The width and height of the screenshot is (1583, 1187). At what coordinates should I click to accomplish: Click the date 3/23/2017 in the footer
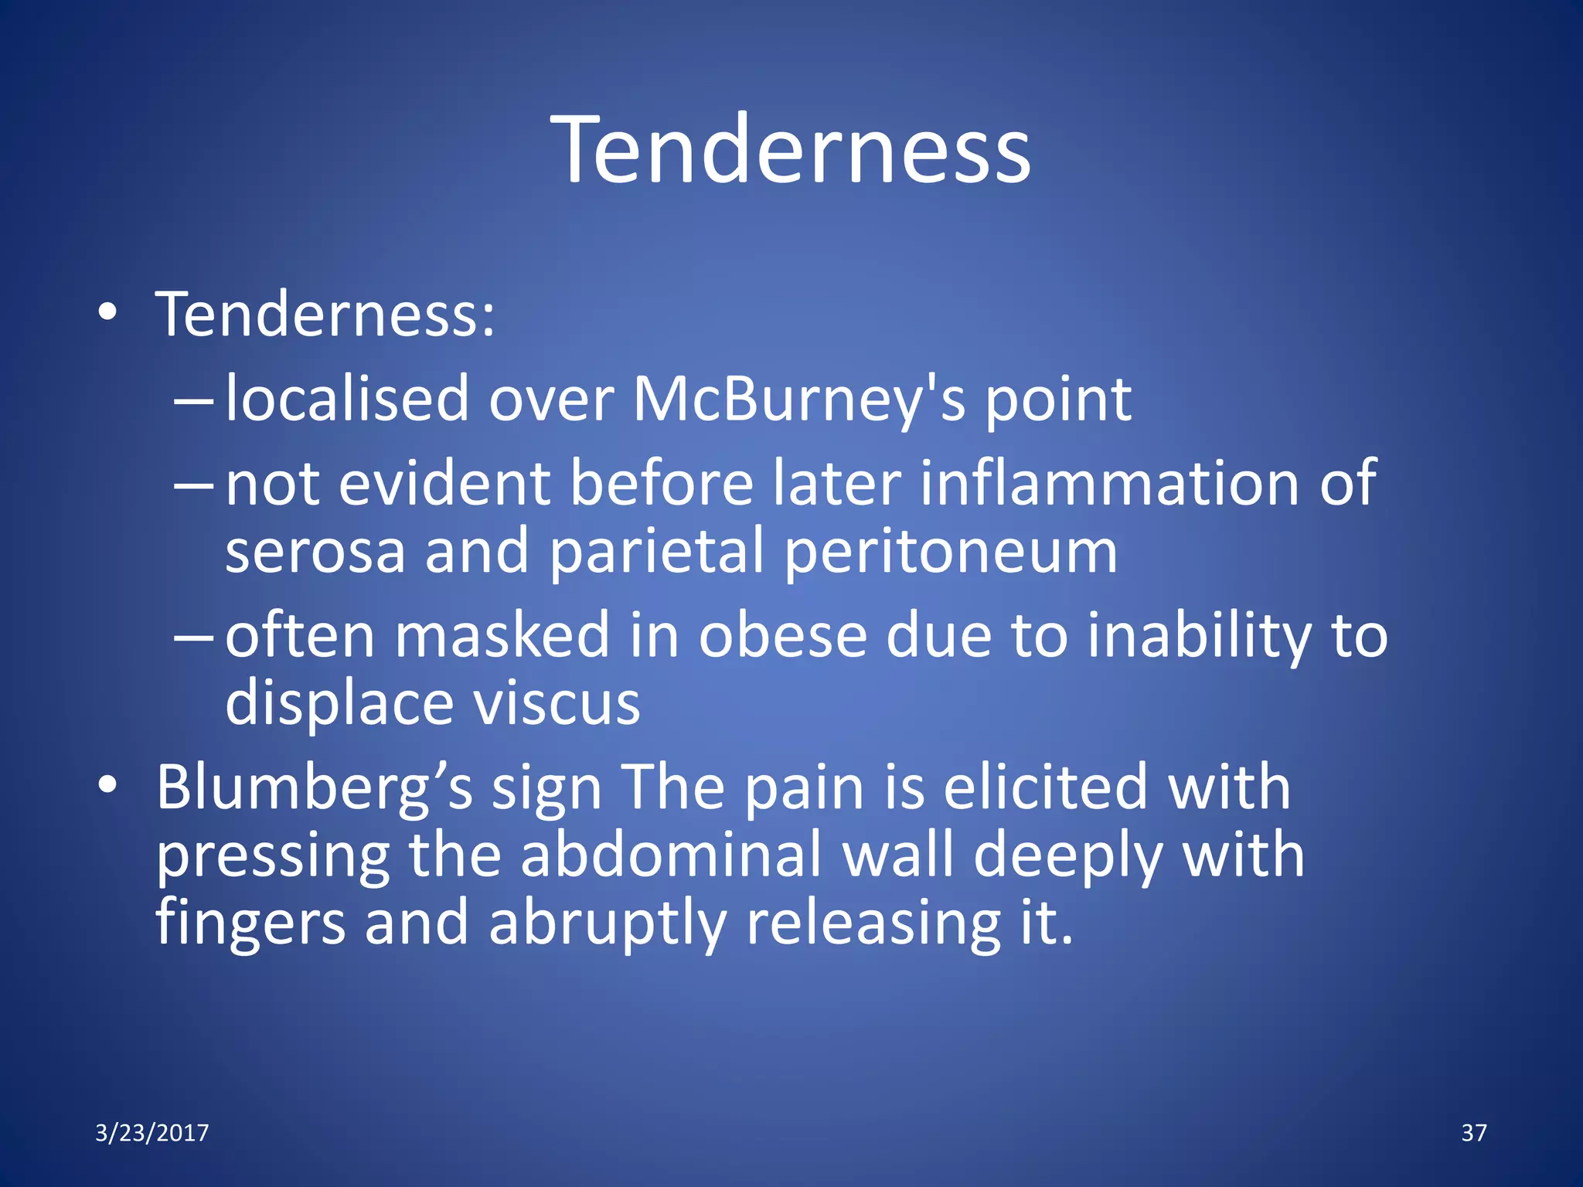click(x=151, y=1133)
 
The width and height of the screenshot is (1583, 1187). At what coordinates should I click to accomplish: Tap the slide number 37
click(x=1473, y=1133)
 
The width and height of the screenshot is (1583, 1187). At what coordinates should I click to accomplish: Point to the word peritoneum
click(x=951, y=552)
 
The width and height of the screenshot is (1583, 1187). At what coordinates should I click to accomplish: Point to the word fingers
click(x=250, y=924)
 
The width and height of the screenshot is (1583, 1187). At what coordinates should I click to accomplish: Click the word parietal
click(x=657, y=552)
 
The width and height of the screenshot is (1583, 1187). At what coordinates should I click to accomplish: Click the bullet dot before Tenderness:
click(x=107, y=313)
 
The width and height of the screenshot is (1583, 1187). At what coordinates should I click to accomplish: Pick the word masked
click(x=502, y=635)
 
